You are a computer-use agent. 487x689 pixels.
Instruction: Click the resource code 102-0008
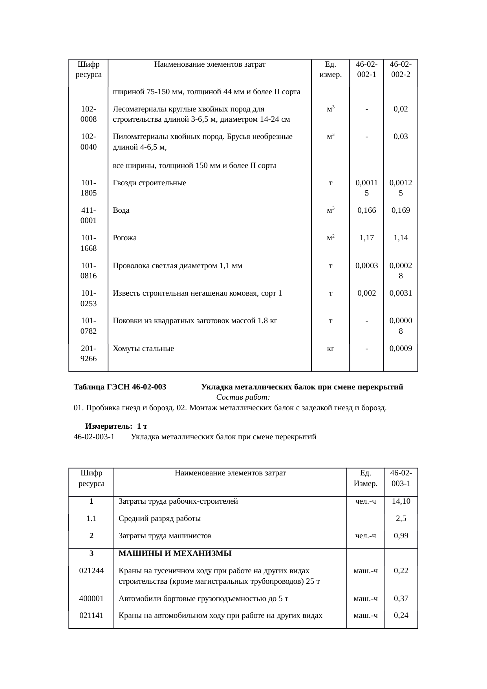88,114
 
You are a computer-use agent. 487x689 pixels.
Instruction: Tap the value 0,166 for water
366,210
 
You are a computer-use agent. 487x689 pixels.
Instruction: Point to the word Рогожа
124,238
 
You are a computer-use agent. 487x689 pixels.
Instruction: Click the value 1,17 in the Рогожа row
366,238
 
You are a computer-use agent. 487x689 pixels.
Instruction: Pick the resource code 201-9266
88,353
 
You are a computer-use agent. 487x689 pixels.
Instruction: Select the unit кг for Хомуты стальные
330,348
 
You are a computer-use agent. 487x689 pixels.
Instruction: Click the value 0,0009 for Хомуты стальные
401,348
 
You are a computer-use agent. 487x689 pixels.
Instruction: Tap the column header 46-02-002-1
366,69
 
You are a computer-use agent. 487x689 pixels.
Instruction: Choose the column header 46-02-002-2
401,69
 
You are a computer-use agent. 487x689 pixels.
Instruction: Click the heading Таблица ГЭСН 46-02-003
120,387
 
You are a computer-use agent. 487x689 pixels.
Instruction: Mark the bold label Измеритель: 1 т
116,426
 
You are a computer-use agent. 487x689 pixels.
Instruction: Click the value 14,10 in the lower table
401,501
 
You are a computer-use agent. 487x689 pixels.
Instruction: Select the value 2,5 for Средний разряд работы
401,518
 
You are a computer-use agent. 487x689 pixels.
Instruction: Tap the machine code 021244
91,570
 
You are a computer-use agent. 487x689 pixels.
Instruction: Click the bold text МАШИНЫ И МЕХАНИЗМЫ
175,554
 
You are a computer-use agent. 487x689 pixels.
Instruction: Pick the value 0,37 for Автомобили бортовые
401,598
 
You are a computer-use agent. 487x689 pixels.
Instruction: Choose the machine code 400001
91,598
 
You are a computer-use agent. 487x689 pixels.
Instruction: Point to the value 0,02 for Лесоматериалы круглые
401,109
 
